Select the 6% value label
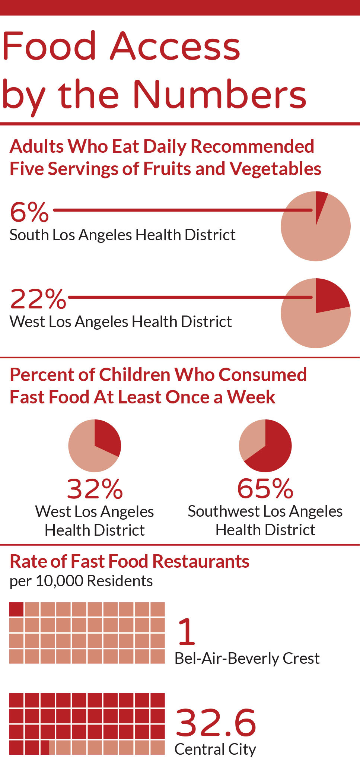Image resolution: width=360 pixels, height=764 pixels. tap(29, 212)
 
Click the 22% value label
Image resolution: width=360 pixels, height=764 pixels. tap(38, 299)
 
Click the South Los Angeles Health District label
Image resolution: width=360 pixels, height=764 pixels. tap(122, 235)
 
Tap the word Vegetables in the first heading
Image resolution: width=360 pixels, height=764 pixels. tap(275, 168)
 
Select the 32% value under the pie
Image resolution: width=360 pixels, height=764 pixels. tap(95, 489)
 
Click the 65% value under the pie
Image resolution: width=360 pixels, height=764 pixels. tap(265, 489)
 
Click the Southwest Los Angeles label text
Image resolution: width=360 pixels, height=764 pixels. tap(265, 511)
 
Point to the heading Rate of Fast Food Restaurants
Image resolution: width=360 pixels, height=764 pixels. tap(130, 561)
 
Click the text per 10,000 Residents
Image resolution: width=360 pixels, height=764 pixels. tap(81, 581)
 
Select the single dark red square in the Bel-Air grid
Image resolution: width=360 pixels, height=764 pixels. tap(16, 609)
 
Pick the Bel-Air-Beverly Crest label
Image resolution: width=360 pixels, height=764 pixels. tap(247, 659)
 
